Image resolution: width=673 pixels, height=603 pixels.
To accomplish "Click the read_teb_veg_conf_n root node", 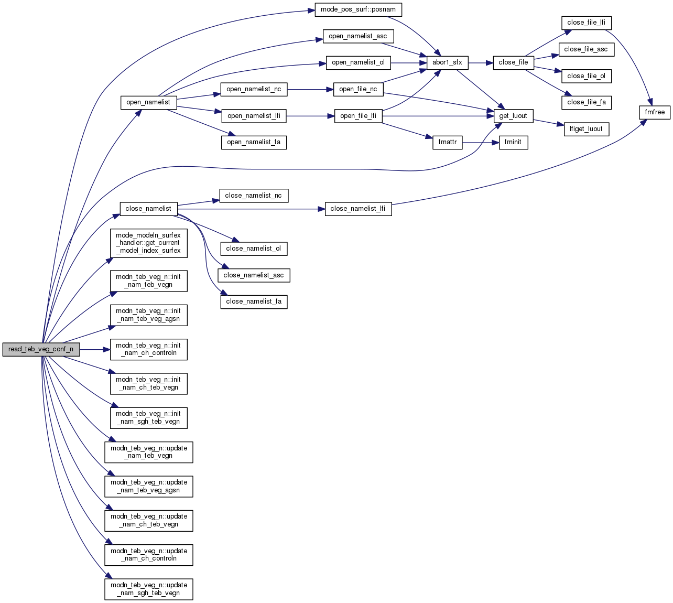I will click(x=41, y=349).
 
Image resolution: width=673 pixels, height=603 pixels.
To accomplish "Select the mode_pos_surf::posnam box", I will click(x=358, y=9).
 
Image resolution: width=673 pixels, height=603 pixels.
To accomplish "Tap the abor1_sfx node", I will click(x=447, y=62).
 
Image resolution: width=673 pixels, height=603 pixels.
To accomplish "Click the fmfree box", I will click(x=655, y=112).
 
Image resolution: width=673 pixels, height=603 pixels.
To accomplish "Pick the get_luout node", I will click(x=513, y=116).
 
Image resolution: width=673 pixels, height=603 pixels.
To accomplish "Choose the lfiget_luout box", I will click(x=586, y=129).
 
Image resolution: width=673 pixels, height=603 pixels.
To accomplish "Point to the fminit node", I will click(x=513, y=142).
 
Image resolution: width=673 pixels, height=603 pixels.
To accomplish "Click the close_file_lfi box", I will click(x=586, y=23).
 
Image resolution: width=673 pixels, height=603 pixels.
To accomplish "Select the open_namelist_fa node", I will click(x=254, y=142).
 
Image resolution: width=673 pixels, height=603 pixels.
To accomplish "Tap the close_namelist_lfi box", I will click(x=358, y=209).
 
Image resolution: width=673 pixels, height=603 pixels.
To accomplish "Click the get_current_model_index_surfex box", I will click(x=148, y=243).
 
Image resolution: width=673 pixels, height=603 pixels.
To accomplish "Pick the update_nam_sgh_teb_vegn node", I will click(x=149, y=589).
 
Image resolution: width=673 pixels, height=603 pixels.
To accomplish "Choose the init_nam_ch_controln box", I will click(x=149, y=349).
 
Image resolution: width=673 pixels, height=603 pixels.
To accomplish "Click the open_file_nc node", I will click(x=358, y=89).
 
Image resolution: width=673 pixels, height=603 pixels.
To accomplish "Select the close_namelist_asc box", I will click(x=254, y=275).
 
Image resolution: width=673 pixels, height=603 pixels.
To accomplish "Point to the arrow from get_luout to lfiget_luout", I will click(x=548, y=123).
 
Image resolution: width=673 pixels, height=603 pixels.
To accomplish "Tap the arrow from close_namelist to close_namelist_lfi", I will click(x=252, y=209).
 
